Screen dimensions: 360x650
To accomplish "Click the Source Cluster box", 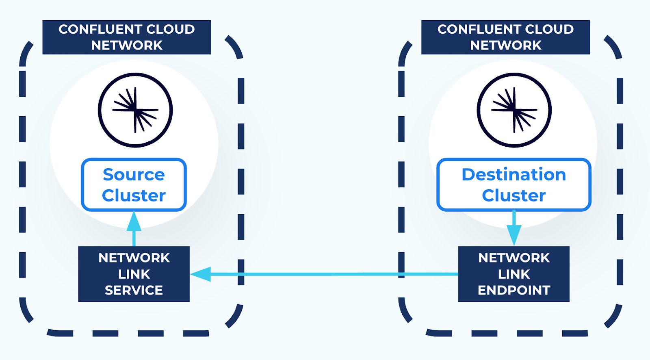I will [x=134, y=185].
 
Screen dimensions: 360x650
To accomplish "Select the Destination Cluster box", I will [x=513, y=185].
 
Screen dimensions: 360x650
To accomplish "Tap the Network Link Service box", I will [x=134, y=274].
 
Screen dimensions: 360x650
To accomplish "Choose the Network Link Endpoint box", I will [x=513, y=274].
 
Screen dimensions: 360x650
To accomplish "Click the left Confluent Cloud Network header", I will [x=126, y=37].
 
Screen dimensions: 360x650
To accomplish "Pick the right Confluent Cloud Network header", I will [x=505, y=37].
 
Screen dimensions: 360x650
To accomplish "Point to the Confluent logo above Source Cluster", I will [x=135, y=110].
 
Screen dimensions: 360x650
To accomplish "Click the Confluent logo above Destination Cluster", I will [x=514, y=110].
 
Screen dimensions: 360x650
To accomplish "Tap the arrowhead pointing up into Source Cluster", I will [x=134, y=222].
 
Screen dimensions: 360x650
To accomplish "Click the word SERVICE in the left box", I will [x=134, y=290].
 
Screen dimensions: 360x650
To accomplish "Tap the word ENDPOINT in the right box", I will [x=514, y=290].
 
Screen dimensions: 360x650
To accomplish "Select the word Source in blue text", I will [x=134, y=175].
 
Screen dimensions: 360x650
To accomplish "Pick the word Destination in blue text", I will [x=513, y=175].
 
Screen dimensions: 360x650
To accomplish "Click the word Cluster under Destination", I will [x=513, y=195].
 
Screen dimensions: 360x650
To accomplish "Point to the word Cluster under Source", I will [x=134, y=195].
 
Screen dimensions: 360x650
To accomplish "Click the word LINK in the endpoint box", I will [x=514, y=274].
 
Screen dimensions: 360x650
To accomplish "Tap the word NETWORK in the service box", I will [x=134, y=258].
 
